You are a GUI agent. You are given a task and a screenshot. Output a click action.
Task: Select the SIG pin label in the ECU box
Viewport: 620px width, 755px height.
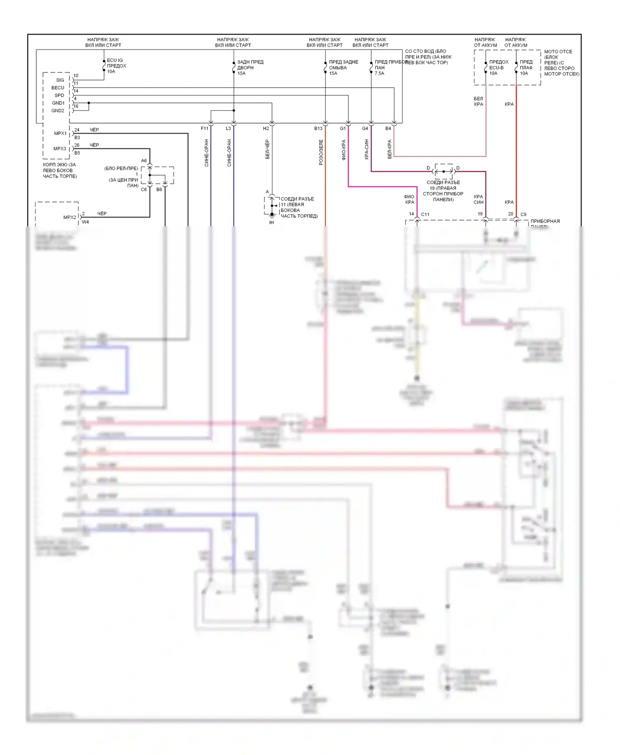click(60, 80)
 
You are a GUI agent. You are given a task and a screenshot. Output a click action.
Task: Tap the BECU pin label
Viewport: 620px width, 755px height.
click(58, 88)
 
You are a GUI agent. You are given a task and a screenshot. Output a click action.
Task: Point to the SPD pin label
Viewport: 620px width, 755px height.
click(59, 95)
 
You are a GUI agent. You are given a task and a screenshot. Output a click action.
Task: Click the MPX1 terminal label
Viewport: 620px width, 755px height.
click(60, 133)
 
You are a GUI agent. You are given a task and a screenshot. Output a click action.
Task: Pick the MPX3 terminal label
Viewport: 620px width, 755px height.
click(60, 149)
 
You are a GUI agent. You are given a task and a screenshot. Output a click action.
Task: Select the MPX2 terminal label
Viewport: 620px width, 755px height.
click(69, 217)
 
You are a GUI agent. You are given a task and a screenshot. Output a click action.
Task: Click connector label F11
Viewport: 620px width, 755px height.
click(205, 128)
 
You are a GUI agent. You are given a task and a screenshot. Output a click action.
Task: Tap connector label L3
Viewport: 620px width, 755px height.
click(228, 128)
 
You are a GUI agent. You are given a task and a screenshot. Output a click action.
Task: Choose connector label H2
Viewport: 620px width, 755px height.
click(266, 128)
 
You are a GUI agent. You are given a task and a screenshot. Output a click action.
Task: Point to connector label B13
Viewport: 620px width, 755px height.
click(318, 128)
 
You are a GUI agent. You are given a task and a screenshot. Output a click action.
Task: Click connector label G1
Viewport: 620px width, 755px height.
click(343, 128)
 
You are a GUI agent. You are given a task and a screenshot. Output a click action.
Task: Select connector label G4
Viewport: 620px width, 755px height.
click(365, 128)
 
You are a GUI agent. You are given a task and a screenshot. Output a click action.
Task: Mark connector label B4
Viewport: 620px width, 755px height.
click(388, 128)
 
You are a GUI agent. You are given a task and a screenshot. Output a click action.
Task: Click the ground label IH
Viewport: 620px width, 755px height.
click(272, 223)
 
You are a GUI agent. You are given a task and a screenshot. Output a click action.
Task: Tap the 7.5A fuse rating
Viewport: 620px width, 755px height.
click(379, 74)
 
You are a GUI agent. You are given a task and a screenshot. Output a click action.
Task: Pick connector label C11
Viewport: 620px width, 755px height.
click(425, 214)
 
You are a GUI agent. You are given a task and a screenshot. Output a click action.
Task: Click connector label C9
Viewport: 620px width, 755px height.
click(523, 214)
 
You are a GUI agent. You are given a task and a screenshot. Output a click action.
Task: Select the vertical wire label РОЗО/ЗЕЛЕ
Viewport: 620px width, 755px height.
click(321, 152)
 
